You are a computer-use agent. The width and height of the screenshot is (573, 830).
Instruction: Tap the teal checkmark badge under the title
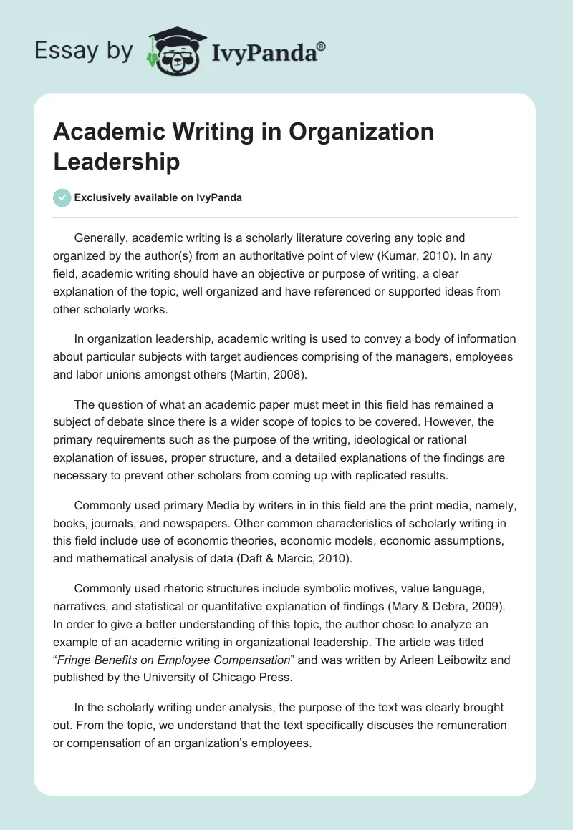click(x=62, y=197)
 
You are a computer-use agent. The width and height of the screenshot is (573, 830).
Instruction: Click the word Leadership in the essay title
click(x=117, y=162)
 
